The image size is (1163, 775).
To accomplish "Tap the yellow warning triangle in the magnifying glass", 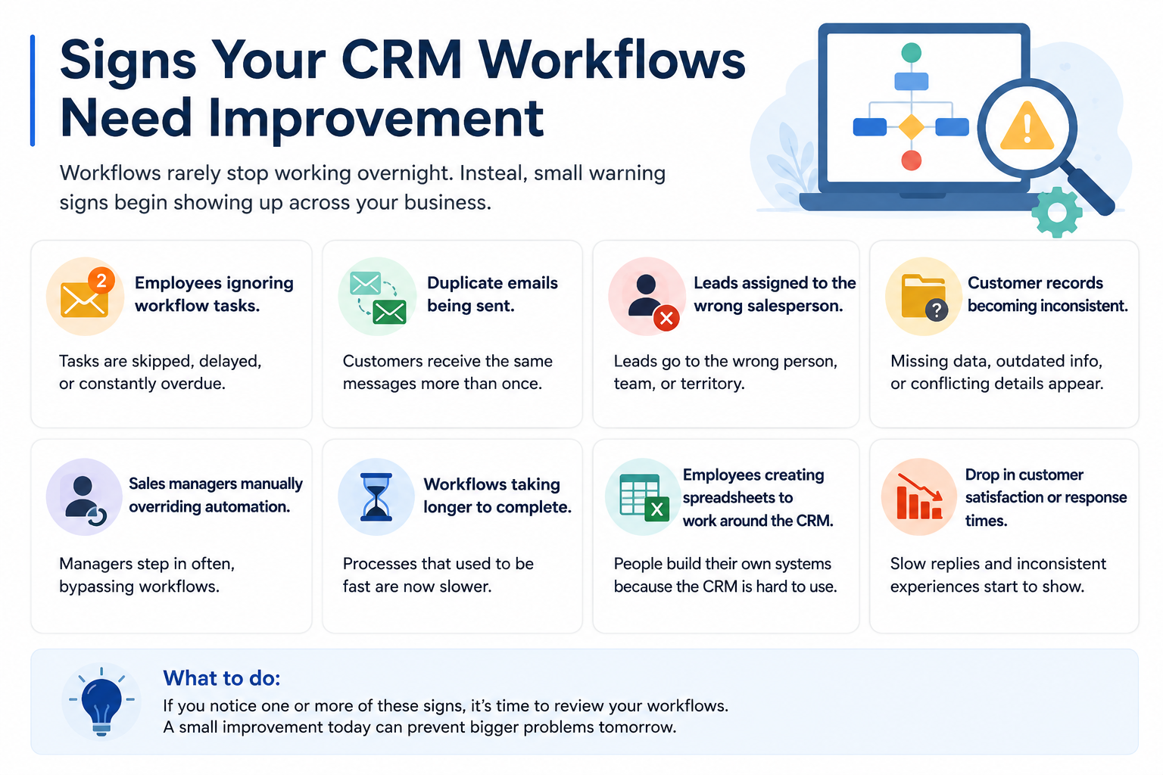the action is pyautogui.click(x=1027, y=126).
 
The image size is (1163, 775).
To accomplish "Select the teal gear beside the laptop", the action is pyautogui.click(x=1056, y=212).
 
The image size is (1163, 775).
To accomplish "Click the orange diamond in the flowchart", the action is pyautogui.click(x=911, y=126).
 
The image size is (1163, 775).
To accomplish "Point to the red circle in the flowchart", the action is pyautogui.click(x=911, y=160).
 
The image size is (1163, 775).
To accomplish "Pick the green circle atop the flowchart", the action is pyautogui.click(x=911, y=52).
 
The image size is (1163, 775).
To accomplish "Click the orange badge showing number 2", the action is pyautogui.click(x=101, y=281).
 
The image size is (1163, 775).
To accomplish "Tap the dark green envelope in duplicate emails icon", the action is pyautogui.click(x=389, y=312).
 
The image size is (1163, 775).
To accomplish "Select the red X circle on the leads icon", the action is pyautogui.click(x=666, y=318).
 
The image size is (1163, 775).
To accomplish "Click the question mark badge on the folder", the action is pyautogui.click(x=936, y=310).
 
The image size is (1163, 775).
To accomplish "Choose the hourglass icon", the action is pyautogui.click(x=376, y=496).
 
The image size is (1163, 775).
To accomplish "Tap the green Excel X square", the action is pyautogui.click(x=656, y=509).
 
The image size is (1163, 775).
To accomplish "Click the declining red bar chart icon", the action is pyautogui.click(x=919, y=496).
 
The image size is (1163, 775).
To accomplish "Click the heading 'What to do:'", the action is pyautogui.click(x=222, y=678).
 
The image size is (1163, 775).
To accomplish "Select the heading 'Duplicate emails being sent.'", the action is pyautogui.click(x=491, y=294).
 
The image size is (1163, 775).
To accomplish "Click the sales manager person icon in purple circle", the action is pyautogui.click(x=83, y=497).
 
